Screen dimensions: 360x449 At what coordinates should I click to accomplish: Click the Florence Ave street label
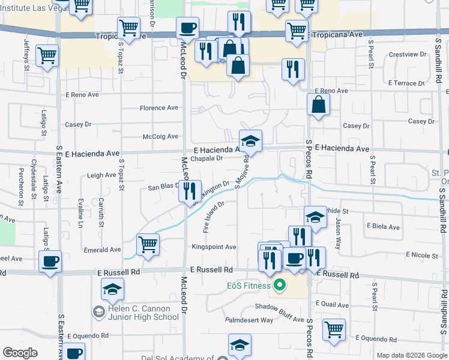pyautogui.click(x=159, y=108)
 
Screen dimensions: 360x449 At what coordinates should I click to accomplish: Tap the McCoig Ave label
pyautogui.click(x=160, y=137)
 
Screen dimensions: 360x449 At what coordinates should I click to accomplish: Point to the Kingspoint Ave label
pyautogui.click(x=214, y=247)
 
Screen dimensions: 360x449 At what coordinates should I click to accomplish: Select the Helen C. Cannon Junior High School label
pyautogui.click(x=140, y=313)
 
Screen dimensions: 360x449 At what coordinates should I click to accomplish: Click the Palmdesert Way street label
pyautogui.click(x=249, y=320)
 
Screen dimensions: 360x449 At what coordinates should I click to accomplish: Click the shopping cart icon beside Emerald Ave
pyautogui.click(x=148, y=244)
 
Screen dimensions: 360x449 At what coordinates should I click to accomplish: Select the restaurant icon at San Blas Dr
pyautogui.click(x=189, y=191)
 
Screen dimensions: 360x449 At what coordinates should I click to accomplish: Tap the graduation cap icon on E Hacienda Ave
pyautogui.click(x=251, y=141)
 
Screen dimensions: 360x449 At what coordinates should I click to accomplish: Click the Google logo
pyautogui.click(x=20, y=353)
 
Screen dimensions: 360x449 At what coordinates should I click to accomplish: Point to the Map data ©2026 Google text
pyautogui.click(x=411, y=355)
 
